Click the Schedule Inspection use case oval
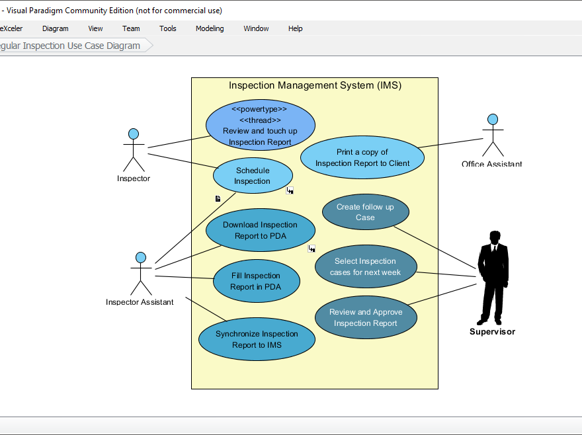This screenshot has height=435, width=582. [x=252, y=175]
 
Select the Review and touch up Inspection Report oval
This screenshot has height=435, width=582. [x=260, y=126]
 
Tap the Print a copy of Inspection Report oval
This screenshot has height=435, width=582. [x=362, y=157]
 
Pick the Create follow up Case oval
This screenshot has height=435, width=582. [x=365, y=212]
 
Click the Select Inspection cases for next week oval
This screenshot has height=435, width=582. [x=365, y=266]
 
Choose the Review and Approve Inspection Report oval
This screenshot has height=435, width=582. [x=365, y=317]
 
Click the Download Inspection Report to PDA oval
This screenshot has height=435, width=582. [x=260, y=230]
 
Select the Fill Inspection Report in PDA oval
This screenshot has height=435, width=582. [x=256, y=281]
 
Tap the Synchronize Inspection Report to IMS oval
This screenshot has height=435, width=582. [x=257, y=339]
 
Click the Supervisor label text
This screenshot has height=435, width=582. [x=492, y=332]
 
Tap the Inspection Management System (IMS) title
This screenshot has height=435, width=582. [x=315, y=85]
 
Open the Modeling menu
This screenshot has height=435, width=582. [x=210, y=28]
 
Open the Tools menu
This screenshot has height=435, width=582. [x=168, y=28]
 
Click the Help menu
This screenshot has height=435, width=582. [x=295, y=28]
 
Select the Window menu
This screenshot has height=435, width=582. [x=256, y=28]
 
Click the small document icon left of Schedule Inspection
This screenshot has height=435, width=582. [x=218, y=198]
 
